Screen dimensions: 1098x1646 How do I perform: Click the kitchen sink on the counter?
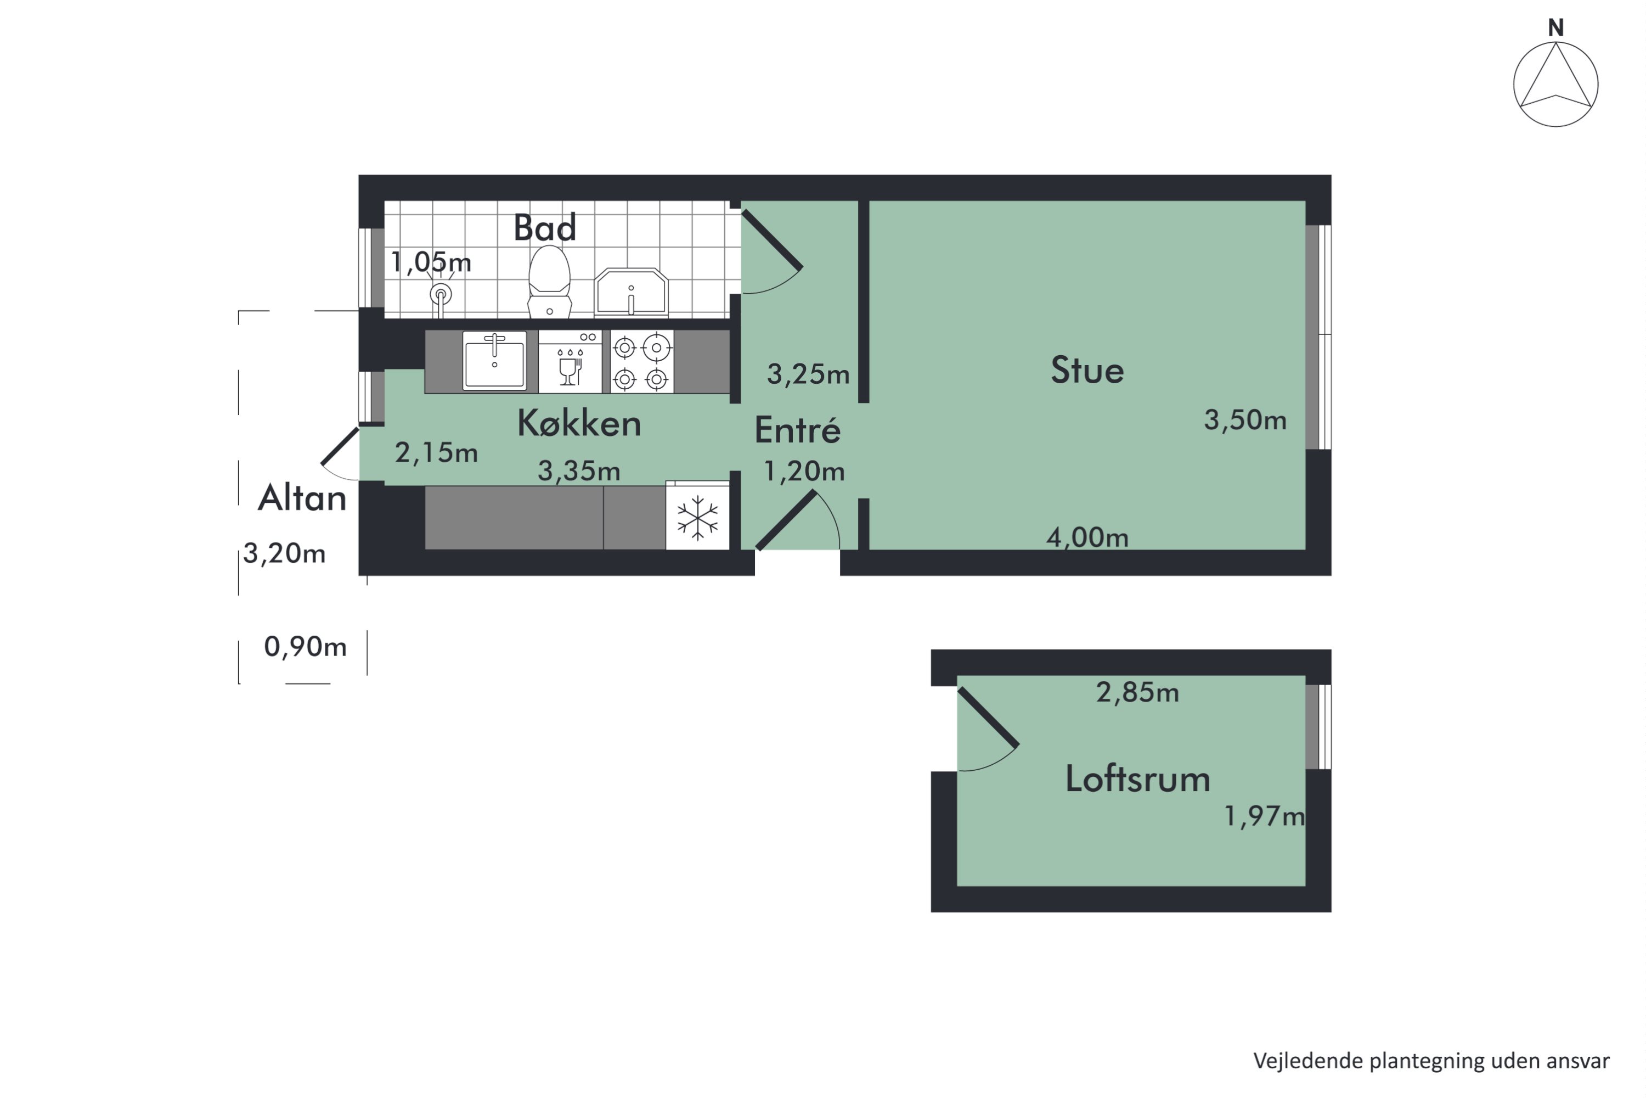click(x=494, y=360)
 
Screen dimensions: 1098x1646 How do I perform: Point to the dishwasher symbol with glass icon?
click(x=570, y=361)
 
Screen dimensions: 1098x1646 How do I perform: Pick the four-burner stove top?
click(x=641, y=361)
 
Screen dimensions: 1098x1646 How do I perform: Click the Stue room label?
click(x=1087, y=371)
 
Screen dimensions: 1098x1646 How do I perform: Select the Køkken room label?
click(x=579, y=424)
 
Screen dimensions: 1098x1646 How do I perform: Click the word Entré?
click(x=797, y=430)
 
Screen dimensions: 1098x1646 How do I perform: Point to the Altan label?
click(x=302, y=498)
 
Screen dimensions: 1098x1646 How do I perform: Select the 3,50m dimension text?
click(x=1245, y=420)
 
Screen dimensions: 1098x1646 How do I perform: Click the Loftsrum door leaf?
click(x=988, y=717)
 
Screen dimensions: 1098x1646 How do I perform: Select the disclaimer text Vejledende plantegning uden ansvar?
click(x=1431, y=1061)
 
